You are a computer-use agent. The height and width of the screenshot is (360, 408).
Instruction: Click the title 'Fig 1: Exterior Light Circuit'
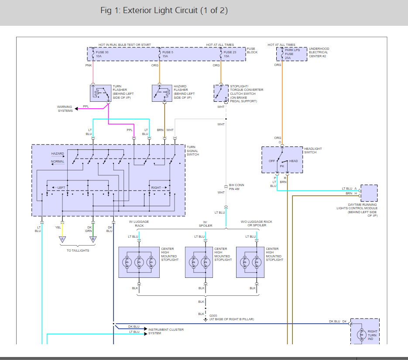[164, 10]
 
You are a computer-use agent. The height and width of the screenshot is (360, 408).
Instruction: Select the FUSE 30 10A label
[102, 54]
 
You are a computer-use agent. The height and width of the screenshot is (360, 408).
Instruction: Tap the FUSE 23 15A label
[230, 54]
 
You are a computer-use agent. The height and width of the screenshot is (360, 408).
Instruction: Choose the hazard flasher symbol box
[161, 93]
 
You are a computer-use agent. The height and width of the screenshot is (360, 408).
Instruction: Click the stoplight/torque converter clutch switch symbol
[221, 93]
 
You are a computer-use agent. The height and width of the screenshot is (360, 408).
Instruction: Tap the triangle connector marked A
[62, 239]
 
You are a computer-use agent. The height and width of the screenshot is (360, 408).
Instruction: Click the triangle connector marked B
[93, 239]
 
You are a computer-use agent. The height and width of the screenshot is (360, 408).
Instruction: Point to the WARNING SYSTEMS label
[65, 109]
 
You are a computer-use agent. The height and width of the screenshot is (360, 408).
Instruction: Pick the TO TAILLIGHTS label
[78, 251]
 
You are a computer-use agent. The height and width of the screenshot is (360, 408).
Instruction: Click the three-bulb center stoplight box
[139, 262]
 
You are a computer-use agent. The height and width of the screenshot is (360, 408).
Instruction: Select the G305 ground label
[213, 315]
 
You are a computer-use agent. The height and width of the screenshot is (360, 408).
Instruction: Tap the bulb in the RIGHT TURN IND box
[361, 335]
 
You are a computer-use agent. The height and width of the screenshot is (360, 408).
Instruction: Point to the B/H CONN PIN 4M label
[237, 187]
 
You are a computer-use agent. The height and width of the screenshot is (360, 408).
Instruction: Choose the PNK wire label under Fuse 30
[88, 66]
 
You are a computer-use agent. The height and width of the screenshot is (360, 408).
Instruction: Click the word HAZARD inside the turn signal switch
[58, 154]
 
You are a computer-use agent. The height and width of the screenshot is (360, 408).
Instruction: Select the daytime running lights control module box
[369, 193]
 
